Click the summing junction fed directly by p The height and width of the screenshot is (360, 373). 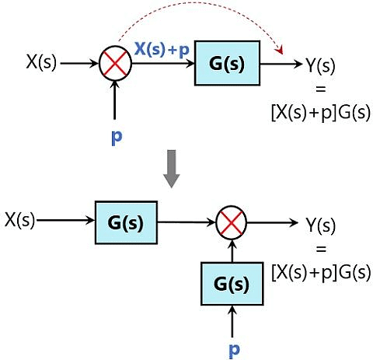point(115,64)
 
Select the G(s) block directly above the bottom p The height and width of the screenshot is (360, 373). point(230,284)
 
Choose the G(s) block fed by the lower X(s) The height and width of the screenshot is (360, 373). point(125,222)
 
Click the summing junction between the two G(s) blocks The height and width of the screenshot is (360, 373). point(230,223)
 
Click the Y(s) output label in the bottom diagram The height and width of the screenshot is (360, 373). point(319,225)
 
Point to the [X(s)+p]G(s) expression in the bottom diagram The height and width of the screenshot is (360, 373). point(320,273)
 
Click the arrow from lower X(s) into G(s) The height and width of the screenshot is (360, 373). point(65,222)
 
